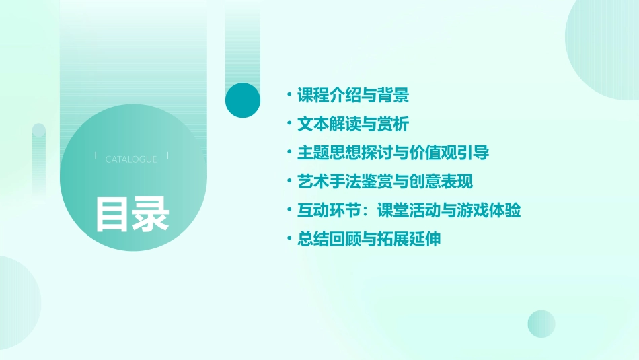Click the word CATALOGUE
point(131,159)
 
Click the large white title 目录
point(131,215)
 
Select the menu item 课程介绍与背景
point(353,96)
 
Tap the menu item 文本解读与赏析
point(353,124)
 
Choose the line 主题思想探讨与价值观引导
point(393,153)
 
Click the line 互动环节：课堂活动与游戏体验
point(409,211)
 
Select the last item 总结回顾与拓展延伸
point(369,239)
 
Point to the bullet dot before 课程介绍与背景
point(289,96)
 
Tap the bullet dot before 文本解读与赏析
point(289,124)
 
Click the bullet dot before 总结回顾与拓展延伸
point(289,239)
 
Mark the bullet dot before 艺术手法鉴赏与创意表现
point(289,182)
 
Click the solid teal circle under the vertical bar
point(243,100)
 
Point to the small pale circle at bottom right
point(541,324)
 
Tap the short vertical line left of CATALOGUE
point(96,156)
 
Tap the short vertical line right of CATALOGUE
point(167,156)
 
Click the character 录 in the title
point(151,215)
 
